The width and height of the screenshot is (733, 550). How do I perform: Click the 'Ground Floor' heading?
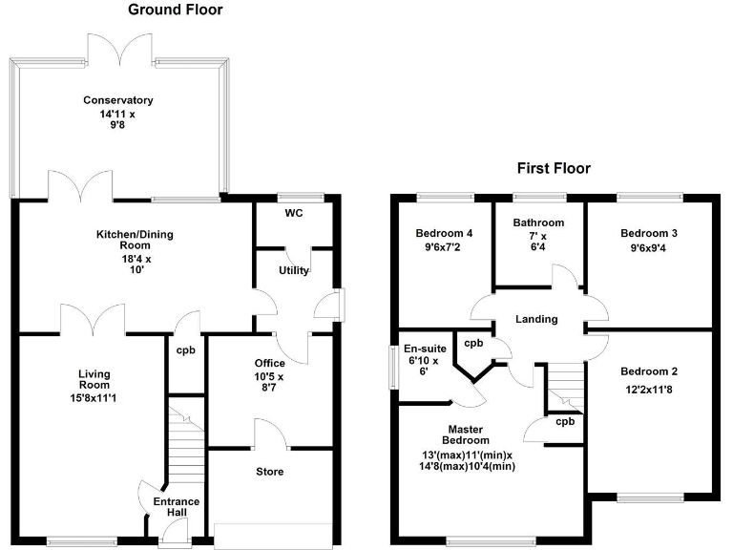[x=175, y=11]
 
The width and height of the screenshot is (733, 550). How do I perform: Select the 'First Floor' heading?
[x=554, y=168]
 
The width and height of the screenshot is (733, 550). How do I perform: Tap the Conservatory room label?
[x=118, y=100]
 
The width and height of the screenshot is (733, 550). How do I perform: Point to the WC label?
[x=293, y=213]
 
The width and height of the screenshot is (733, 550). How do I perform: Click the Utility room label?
[x=293, y=270]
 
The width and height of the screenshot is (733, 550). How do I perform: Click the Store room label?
[x=269, y=472]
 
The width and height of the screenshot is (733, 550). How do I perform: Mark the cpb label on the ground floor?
[x=186, y=350]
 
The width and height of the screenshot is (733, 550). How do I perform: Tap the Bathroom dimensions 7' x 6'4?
[x=538, y=242]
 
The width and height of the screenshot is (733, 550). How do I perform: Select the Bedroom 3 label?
[x=648, y=233]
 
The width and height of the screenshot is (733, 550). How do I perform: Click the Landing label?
[x=537, y=319]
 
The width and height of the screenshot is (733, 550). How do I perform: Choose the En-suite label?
[x=421, y=349]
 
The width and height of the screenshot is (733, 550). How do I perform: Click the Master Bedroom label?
[x=467, y=434]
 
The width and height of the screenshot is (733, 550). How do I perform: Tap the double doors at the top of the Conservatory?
[x=119, y=47]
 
